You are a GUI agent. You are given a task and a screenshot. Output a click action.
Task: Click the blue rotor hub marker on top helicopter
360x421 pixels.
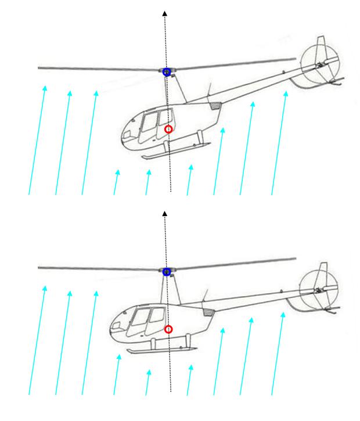(167, 72)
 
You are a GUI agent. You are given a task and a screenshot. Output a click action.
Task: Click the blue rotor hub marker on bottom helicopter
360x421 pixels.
(167, 271)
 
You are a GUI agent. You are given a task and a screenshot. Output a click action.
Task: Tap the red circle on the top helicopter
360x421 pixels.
(168, 129)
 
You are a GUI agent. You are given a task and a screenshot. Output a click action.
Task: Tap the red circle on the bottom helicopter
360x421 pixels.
(168, 329)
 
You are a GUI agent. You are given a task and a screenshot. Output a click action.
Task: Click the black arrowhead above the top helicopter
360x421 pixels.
(165, 13)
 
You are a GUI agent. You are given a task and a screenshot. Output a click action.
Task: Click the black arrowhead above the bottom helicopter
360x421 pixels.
(165, 214)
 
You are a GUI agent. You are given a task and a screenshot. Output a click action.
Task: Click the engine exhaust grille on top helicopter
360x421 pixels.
(215, 107)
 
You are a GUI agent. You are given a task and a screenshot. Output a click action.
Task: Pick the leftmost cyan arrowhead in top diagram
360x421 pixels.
(45, 88)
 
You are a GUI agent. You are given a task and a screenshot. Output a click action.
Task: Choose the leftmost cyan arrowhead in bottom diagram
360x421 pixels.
(45, 287)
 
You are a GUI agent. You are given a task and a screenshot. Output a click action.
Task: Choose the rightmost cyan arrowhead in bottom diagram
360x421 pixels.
(283, 315)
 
